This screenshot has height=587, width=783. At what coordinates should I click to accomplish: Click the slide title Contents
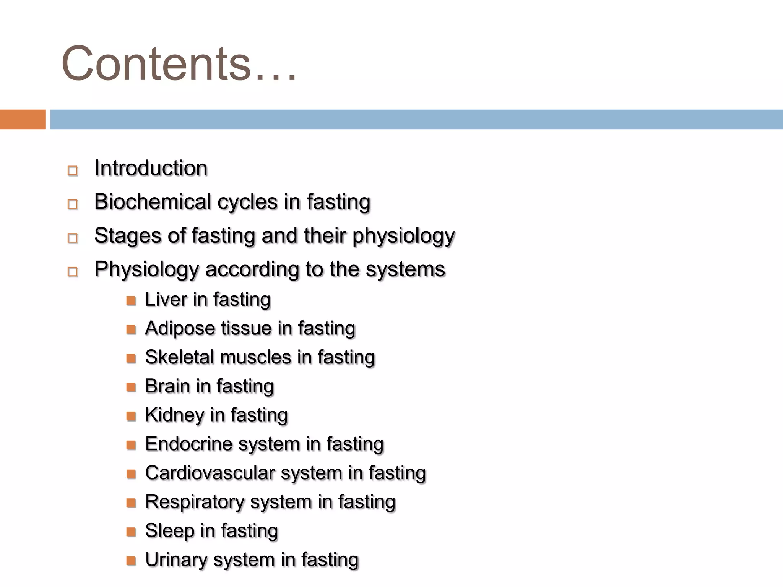(x=179, y=63)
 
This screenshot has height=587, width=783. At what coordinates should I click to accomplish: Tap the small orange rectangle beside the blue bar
(x=23, y=119)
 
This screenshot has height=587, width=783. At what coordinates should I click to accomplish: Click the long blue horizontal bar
(x=416, y=119)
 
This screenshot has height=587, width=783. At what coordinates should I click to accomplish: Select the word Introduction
(x=151, y=168)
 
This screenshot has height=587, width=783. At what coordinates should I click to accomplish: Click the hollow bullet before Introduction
(x=73, y=170)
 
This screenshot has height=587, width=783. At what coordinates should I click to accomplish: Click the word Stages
(x=127, y=235)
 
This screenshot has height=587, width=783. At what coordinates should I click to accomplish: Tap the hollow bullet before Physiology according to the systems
(x=73, y=272)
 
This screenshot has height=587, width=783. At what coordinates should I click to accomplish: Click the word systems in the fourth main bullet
(x=405, y=269)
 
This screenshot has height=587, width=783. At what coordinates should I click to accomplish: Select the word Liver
(x=166, y=299)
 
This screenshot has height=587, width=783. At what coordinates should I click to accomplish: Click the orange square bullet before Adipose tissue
(x=131, y=329)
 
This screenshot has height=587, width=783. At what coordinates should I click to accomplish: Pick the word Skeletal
(x=179, y=357)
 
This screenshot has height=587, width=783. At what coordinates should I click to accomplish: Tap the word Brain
(x=167, y=386)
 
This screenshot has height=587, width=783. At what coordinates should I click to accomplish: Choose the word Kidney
(x=174, y=415)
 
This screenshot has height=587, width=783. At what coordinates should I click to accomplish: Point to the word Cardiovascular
(x=210, y=473)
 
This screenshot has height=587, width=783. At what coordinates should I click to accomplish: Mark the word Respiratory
(x=194, y=502)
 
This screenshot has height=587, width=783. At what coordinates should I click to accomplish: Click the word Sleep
(x=169, y=531)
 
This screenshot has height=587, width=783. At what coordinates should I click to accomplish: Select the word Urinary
(x=176, y=559)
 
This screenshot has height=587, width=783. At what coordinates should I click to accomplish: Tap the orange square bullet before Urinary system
(x=131, y=561)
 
